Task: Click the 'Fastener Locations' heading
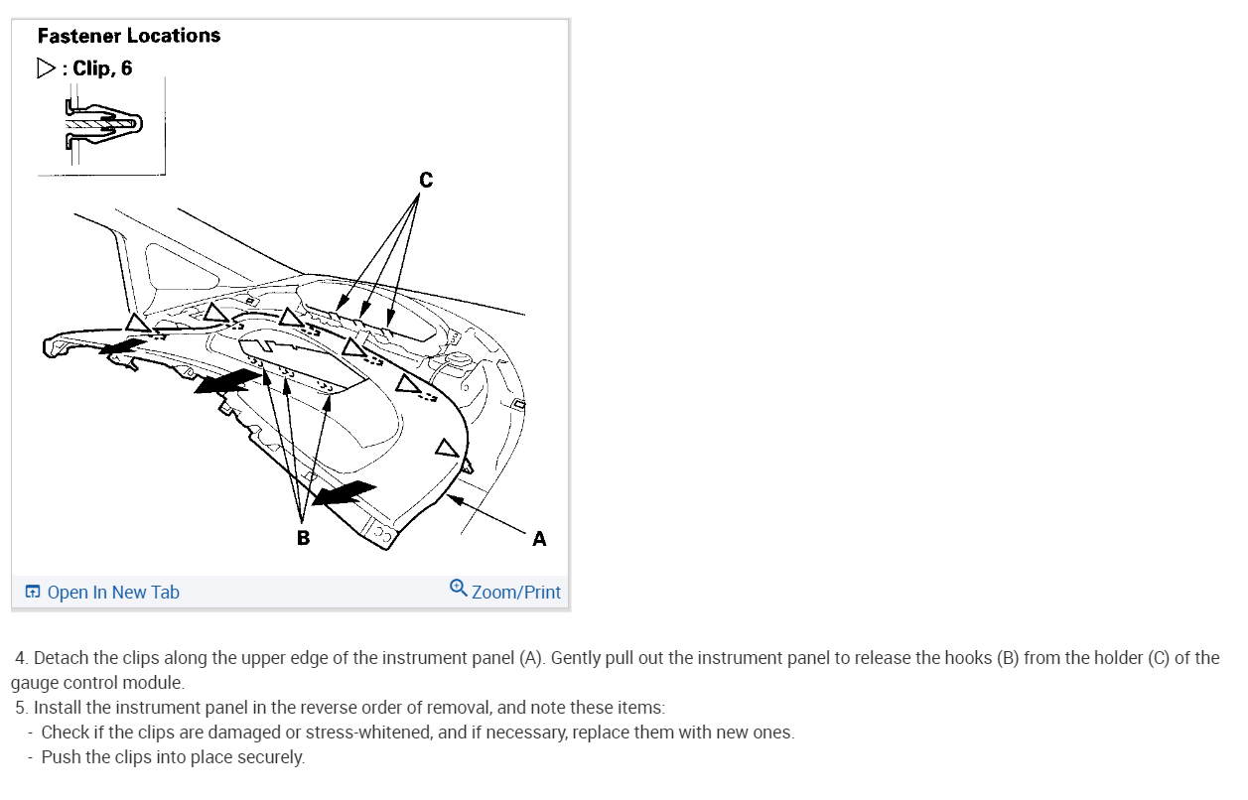pos(129,36)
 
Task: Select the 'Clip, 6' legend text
pos(102,68)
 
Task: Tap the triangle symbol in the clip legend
pos(46,68)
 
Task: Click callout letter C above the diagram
pos(425,180)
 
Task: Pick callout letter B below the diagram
pos(303,538)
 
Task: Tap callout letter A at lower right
pos(538,539)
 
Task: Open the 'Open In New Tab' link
pos(113,593)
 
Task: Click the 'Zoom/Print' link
pos(516,593)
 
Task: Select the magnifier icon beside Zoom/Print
pos(458,588)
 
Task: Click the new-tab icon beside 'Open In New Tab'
pos(33,593)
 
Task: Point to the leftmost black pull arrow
pos(121,346)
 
